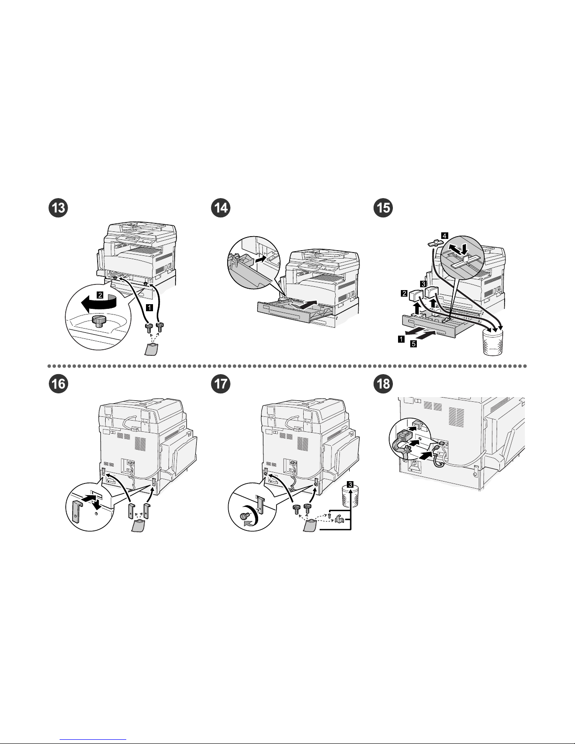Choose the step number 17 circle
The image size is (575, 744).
[220, 384]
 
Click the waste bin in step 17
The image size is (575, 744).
[348, 503]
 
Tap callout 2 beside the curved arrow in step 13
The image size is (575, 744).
[100, 295]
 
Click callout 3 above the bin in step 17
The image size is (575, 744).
[350, 484]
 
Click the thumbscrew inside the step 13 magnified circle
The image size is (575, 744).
[99, 321]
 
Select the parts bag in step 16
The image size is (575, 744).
[138, 529]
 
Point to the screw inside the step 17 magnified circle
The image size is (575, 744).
[244, 516]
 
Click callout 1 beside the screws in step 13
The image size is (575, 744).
[149, 308]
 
